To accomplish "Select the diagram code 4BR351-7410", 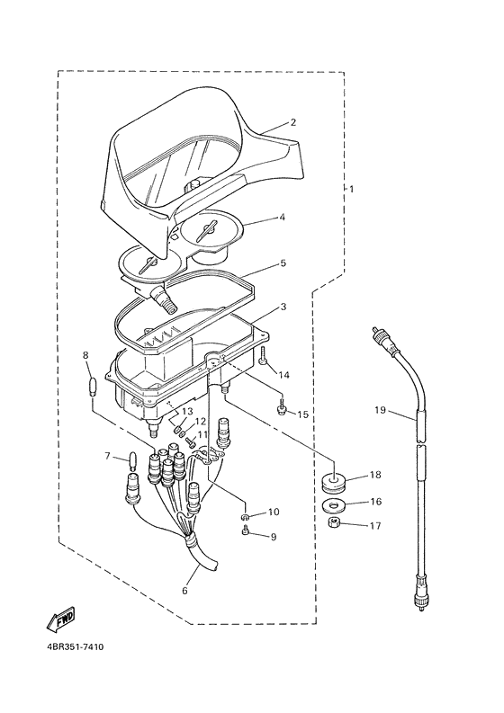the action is (x=74, y=646).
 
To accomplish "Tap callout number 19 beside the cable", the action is (x=380, y=410).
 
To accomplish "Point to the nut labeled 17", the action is (x=335, y=523).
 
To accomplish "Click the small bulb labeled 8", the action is (x=93, y=387).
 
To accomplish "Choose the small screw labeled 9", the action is (x=247, y=530).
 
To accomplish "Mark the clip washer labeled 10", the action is (x=246, y=516).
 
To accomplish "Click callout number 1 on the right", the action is (x=351, y=189).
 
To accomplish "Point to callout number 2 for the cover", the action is (x=292, y=122).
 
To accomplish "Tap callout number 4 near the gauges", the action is (x=282, y=218).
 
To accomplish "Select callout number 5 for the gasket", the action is (x=283, y=263).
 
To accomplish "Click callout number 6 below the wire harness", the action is (x=184, y=591).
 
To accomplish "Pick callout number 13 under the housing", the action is (x=187, y=411).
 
